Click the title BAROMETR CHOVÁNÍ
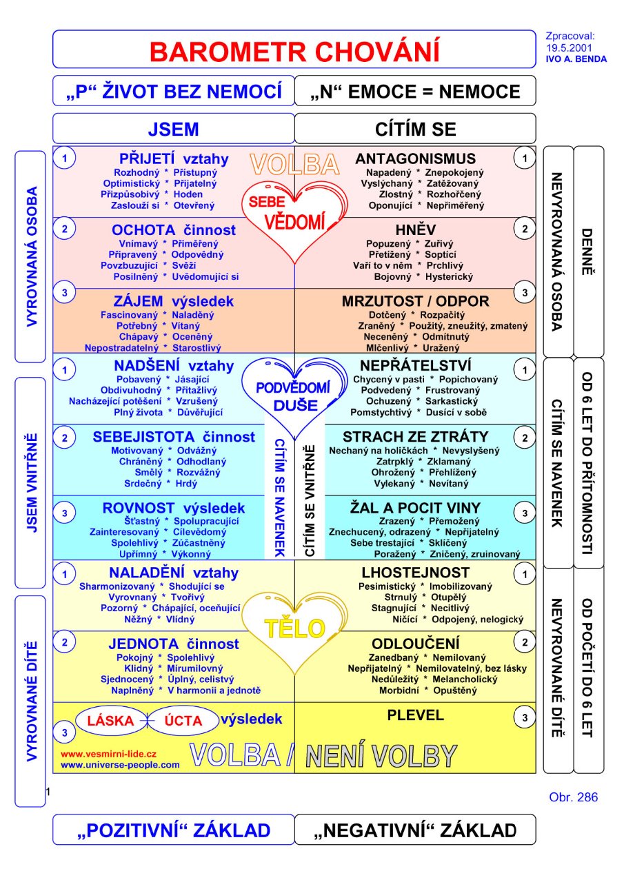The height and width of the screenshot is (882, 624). pos(294,51)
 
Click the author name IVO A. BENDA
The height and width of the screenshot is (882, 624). pos(576,59)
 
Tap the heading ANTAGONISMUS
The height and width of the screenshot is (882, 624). pos(415,158)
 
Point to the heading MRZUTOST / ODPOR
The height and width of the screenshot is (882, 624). pos(415,301)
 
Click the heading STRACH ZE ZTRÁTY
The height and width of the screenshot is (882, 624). pos(415,437)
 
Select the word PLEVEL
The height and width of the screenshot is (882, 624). pos(415,715)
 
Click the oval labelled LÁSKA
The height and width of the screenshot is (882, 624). pos(112,721)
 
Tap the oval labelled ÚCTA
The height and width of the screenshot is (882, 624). pos(183,721)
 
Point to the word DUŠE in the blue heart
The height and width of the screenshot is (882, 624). pos(295,405)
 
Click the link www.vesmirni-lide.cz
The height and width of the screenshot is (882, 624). pos(109,754)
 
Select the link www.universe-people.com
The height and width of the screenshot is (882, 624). pos(120,765)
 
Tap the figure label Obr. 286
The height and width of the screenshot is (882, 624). pos(573,798)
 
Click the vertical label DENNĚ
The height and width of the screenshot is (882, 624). pos(588,252)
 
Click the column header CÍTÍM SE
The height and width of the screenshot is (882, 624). pos(415,129)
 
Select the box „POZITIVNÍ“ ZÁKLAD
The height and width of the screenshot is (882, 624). pos(173,830)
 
